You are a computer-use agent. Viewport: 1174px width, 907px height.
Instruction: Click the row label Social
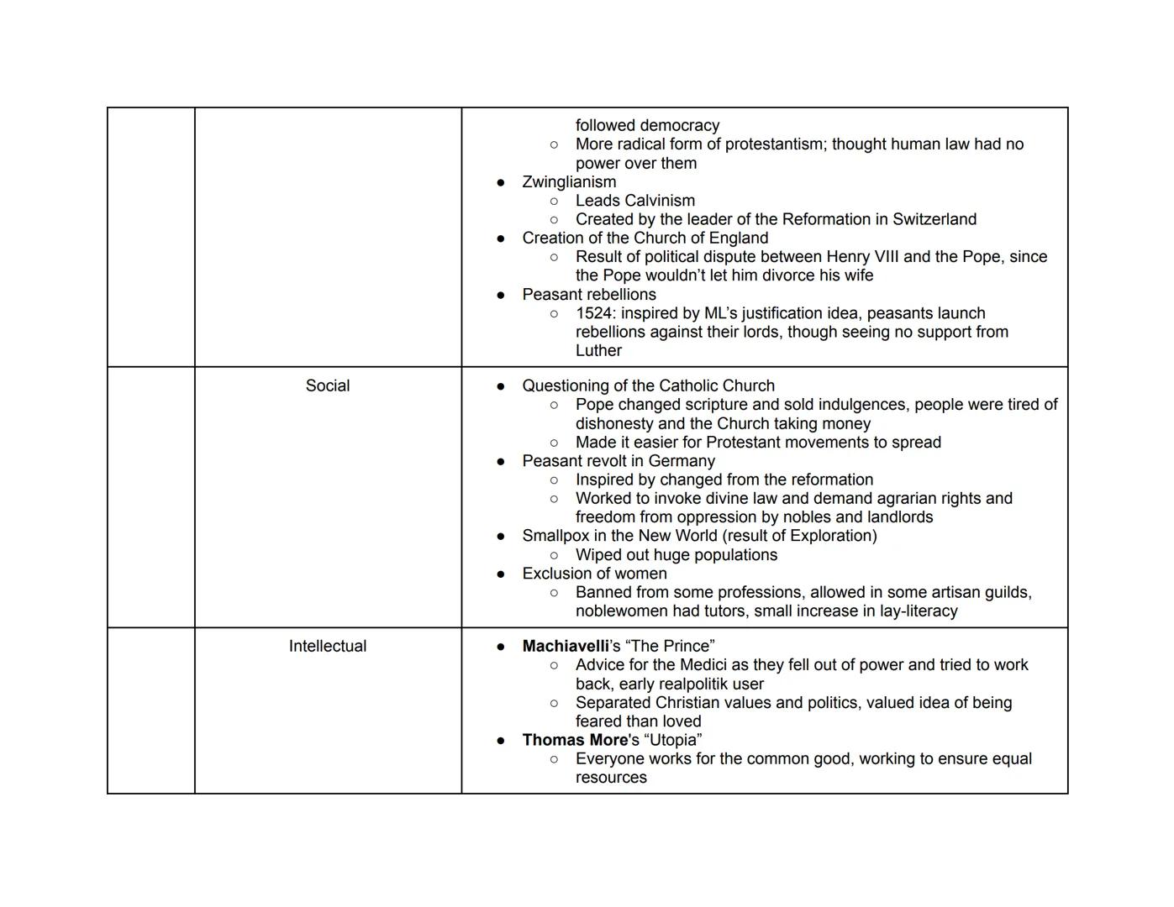point(327,386)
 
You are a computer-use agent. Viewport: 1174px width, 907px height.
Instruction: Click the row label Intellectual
point(327,647)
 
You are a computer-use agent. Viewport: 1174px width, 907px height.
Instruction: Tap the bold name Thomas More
point(575,741)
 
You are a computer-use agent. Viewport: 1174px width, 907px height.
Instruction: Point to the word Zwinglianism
point(569,182)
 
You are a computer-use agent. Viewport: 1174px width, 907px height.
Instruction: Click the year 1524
point(594,313)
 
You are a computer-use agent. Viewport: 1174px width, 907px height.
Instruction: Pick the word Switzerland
point(934,219)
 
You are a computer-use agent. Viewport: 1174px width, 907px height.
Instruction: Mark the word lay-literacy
point(913,611)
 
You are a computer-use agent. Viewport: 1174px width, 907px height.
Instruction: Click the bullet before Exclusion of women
point(501,574)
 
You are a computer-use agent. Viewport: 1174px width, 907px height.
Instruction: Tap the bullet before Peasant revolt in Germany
point(501,462)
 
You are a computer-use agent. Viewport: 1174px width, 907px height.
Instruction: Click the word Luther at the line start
point(598,351)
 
